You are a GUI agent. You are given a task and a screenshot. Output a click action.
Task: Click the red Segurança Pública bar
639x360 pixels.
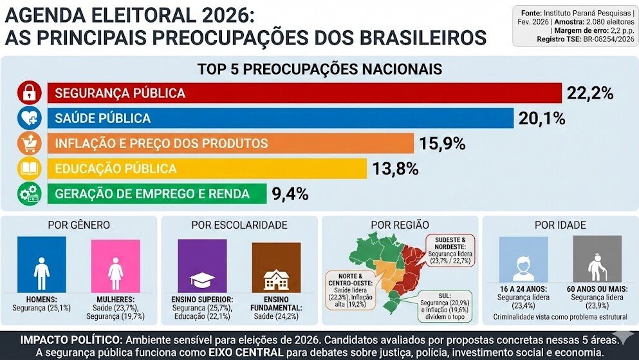[x=304, y=93]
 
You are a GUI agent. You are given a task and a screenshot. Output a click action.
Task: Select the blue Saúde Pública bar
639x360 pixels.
[x=280, y=118]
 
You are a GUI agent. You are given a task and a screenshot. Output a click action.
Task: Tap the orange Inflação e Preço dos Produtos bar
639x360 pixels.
[x=230, y=144]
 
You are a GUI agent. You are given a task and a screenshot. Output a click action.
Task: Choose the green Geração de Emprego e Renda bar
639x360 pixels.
[x=157, y=194]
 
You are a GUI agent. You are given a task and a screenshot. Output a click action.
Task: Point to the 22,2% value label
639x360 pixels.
[x=589, y=93]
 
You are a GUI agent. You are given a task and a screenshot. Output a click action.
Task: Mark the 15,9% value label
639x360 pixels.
[x=442, y=144]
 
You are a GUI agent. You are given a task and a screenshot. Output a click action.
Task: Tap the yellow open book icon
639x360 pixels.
[x=29, y=169]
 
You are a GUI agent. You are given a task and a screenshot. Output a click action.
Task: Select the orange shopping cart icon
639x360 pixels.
[x=29, y=144]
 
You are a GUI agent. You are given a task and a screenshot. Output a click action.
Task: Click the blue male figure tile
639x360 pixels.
[x=42, y=265]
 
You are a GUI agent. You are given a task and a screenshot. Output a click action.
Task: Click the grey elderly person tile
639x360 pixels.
[x=597, y=259]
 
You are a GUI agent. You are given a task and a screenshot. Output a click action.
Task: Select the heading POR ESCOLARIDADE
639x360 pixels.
[x=239, y=225]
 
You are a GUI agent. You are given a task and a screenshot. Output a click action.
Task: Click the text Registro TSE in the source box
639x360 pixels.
[x=559, y=39]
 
